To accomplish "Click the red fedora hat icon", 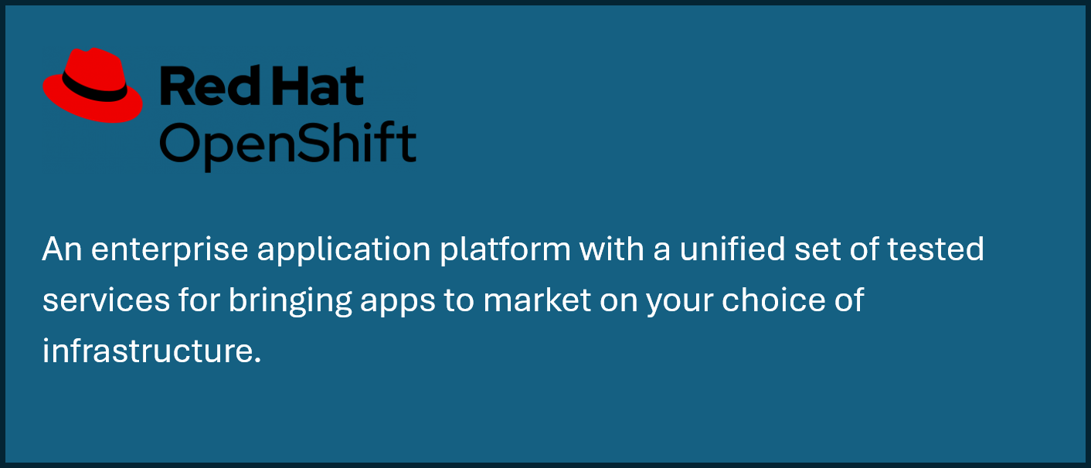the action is tap(93, 85).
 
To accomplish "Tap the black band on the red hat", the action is tap(93, 88).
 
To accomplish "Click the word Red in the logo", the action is tap(210, 86).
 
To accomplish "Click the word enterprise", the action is tap(169, 250).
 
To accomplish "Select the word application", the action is tap(344, 250).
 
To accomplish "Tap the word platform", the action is tap(505, 249).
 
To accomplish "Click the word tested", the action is tap(936, 249).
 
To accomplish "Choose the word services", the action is tap(106, 300).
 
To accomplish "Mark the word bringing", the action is tap(291, 300).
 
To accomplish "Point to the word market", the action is tap(537, 300).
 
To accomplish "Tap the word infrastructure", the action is tap(148, 350).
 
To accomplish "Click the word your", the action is tap(680, 303).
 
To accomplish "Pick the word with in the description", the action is tap(612, 249).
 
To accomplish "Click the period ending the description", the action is tap(257, 361).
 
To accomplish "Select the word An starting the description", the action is tap(62, 249).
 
